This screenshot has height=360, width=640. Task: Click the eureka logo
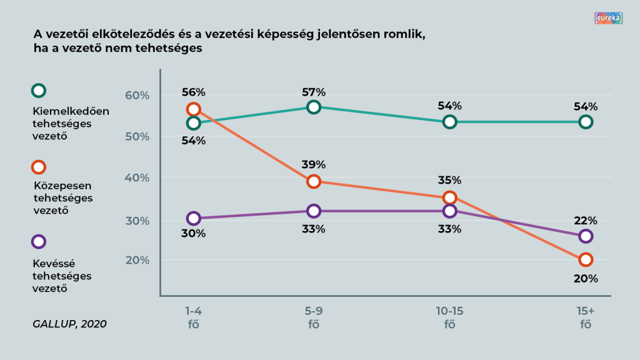coord(609,18)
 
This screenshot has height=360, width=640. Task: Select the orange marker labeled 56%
coord(193,109)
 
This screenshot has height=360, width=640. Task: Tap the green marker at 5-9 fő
coord(314,107)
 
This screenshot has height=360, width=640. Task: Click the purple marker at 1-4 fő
coord(193,218)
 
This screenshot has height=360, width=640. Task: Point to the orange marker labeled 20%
coord(586,259)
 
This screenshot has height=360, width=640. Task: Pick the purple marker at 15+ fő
coord(586,236)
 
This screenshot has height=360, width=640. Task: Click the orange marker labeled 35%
coord(449,197)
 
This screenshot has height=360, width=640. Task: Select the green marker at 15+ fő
coord(586,122)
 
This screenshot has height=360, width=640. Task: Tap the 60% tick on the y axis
coord(138,96)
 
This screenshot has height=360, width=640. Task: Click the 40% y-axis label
coord(138,177)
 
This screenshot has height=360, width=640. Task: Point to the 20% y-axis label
coord(138,260)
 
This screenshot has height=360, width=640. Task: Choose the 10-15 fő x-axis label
coord(449,317)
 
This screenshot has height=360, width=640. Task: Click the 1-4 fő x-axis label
coord(193,317)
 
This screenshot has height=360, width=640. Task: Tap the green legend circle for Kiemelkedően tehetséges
coord(39,91)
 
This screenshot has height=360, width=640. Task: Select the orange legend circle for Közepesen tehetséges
coord(39,167)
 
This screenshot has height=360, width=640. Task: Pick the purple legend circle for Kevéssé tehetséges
coord(39,242)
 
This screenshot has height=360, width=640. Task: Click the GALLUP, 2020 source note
coord(69,324)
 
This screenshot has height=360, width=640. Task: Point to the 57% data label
coord(314,92)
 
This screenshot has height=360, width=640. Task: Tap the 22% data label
coord(586,221)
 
